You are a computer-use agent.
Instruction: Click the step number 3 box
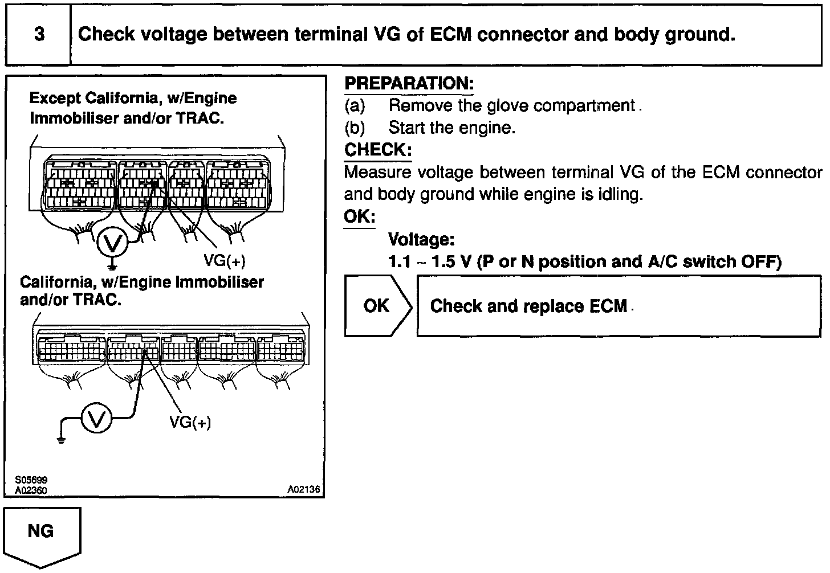39,35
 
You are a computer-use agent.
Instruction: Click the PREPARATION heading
409,84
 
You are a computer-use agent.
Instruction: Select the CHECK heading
377,150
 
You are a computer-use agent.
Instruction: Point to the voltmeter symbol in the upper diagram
112,244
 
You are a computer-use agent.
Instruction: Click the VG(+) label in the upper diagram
225,261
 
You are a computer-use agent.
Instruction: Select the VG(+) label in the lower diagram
190,423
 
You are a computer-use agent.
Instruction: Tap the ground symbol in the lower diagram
61,439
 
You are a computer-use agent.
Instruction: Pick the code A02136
304,489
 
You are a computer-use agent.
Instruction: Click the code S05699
31,481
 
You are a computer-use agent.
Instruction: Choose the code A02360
31,490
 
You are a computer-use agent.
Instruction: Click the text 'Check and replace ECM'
528,306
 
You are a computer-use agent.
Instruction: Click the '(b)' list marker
355,128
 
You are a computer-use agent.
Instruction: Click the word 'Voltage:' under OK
421,240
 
